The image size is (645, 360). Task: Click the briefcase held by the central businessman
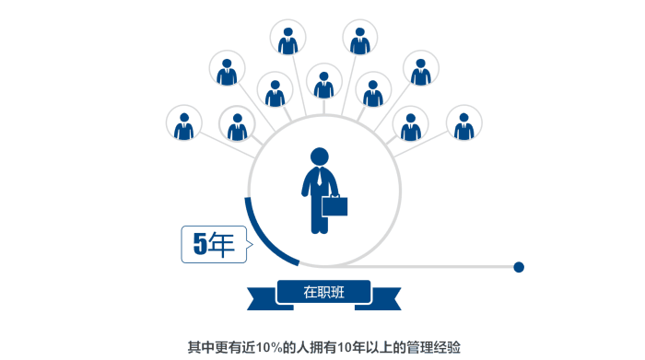click(334, 206)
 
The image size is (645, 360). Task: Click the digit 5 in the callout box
click(198, 244)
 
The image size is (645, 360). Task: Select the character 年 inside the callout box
click(221, 244)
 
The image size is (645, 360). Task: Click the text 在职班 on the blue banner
click(323, 293)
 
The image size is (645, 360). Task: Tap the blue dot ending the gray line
click(519, 267)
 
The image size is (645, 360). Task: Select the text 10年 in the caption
click(353, 347)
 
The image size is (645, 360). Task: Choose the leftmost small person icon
click(184, 124)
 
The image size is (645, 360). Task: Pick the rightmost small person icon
click(463, 124)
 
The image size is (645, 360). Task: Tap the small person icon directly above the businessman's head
click(323, 82)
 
